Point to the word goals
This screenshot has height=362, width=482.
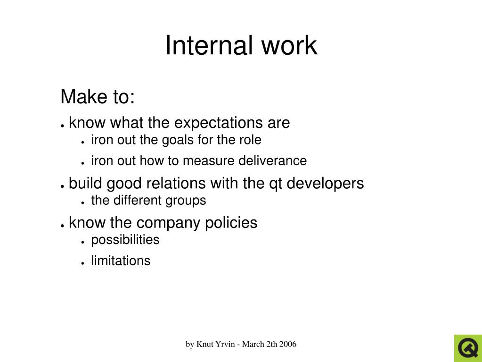click(x=178, y=140)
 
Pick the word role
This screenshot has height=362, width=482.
click(x=250, y=140)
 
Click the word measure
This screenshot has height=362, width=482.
click(x=208, y=161)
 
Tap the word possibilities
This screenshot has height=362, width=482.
click(x=125, y=240)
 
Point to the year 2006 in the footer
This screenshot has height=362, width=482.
click(x=287, y=344)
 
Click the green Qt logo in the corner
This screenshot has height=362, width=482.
click(x=467, y=348)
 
